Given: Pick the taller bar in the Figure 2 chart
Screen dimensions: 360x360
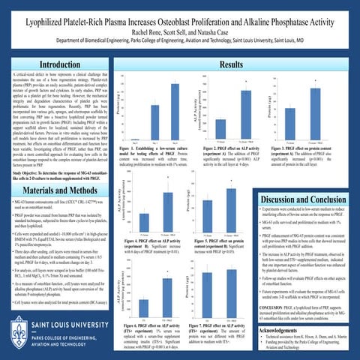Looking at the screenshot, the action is click(x=244, y=104).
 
